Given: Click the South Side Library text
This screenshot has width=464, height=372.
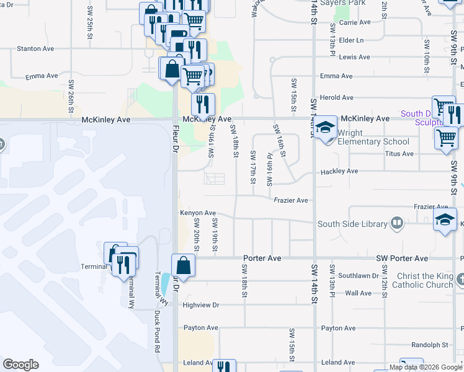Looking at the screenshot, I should click(352, 224).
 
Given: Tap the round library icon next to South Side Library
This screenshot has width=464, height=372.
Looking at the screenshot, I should click(397, 223).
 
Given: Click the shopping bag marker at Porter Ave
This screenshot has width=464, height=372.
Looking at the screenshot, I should click(184, 266).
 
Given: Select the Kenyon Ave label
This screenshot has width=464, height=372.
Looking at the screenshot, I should click(198, 213).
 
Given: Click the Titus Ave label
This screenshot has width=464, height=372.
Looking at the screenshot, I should click(399, 153).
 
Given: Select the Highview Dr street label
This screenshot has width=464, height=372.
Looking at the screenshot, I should click(202, 305).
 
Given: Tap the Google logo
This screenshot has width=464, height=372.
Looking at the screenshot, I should click(20, 365).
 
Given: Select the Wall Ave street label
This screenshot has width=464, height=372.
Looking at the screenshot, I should click(358, 293).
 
